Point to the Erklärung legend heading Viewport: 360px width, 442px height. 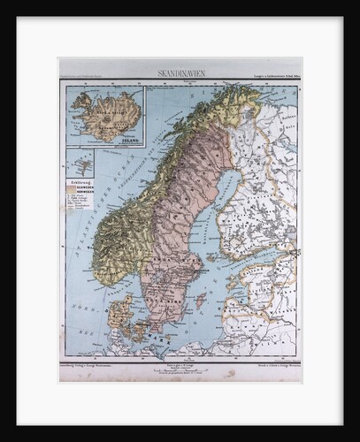click(x=80, y=181)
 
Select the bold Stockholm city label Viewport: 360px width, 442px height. click(x=191, y=265)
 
